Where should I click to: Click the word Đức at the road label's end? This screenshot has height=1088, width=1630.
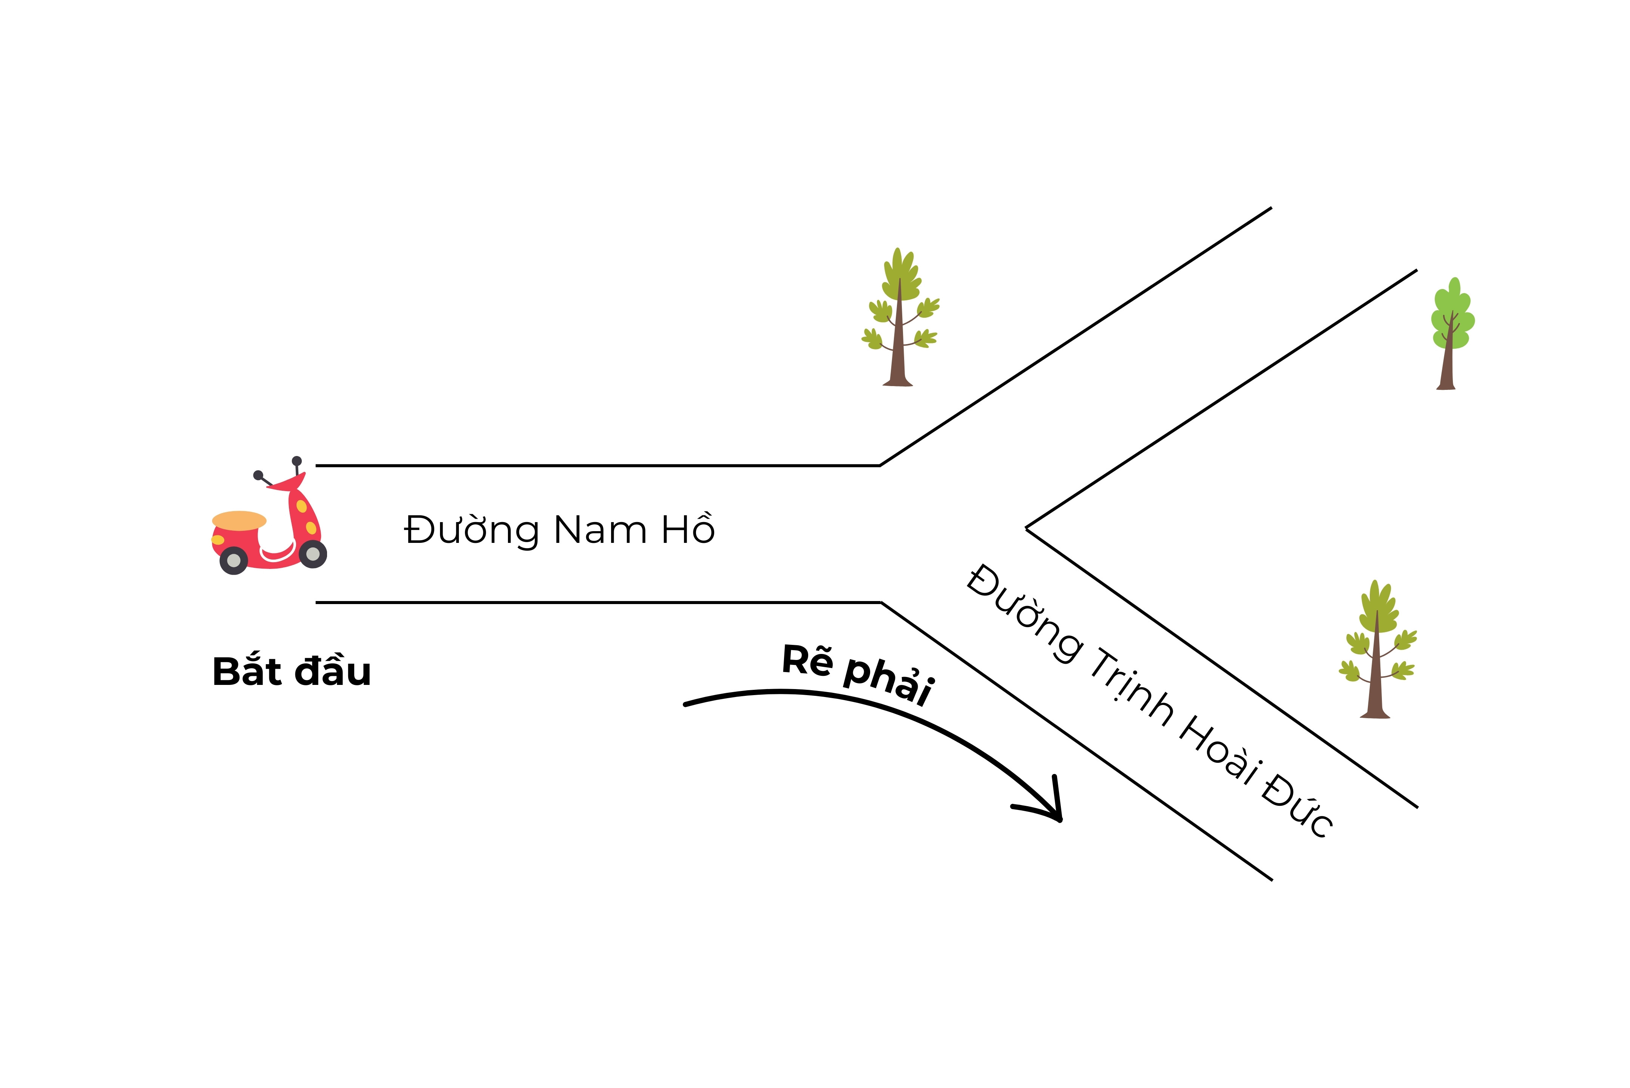(x=1297, y=805)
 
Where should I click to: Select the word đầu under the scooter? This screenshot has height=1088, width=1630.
(x=333, y=672)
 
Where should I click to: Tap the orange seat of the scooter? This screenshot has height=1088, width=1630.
(x=239, y=521)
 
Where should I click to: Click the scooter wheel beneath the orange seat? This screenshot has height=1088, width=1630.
(x=234, y=560)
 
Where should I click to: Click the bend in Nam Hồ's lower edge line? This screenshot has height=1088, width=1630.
(x=881, y=602)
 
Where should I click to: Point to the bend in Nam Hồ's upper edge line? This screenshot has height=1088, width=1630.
(x=880, y=465)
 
